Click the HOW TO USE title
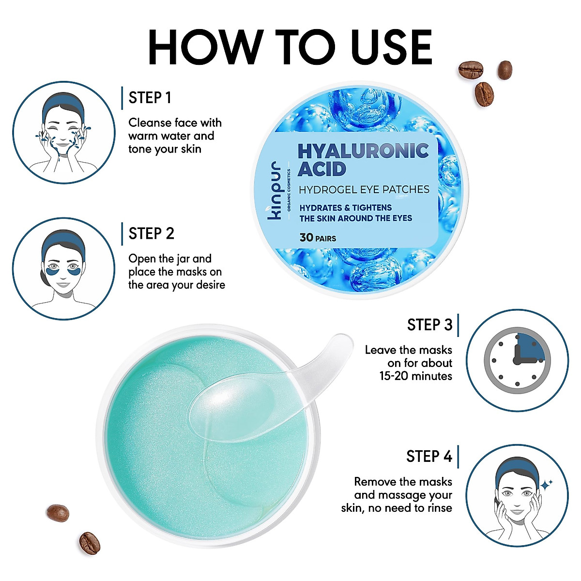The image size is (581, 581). [290, 47]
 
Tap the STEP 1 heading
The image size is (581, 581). [150, 98]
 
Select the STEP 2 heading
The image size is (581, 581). [151, 234]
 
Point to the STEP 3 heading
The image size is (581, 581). [429, 325]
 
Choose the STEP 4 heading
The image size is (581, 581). [429, 457]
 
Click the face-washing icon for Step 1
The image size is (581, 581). [63, 132]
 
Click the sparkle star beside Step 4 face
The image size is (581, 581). [547, 484]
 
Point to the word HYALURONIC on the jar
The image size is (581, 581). [363, 151]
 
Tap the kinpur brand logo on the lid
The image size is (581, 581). [275, 191]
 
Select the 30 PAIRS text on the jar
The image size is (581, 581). [318, 238]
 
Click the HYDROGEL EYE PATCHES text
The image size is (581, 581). [364, 190]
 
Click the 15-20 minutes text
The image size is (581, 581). [416, 376]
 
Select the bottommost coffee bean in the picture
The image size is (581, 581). [90, 543]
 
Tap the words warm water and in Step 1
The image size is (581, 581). [171, 136]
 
